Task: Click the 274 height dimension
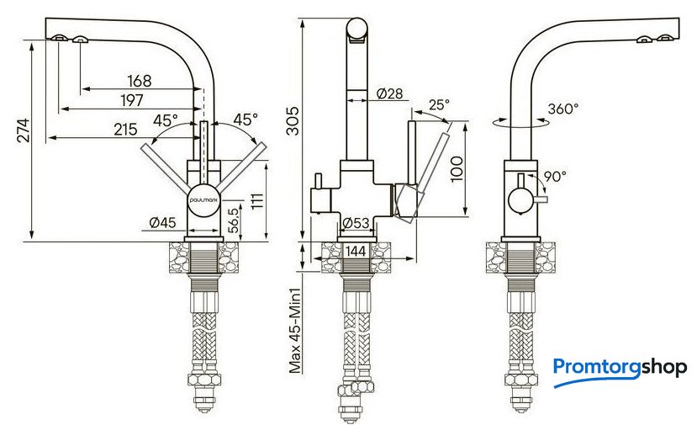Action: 24,130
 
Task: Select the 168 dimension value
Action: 139,81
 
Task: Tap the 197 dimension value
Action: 132,100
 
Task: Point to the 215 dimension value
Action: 126,130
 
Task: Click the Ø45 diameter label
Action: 163,222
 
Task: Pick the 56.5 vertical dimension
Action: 234,220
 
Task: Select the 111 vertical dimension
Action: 257,201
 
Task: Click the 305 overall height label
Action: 293,121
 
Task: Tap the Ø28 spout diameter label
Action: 389,93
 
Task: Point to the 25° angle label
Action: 439,104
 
